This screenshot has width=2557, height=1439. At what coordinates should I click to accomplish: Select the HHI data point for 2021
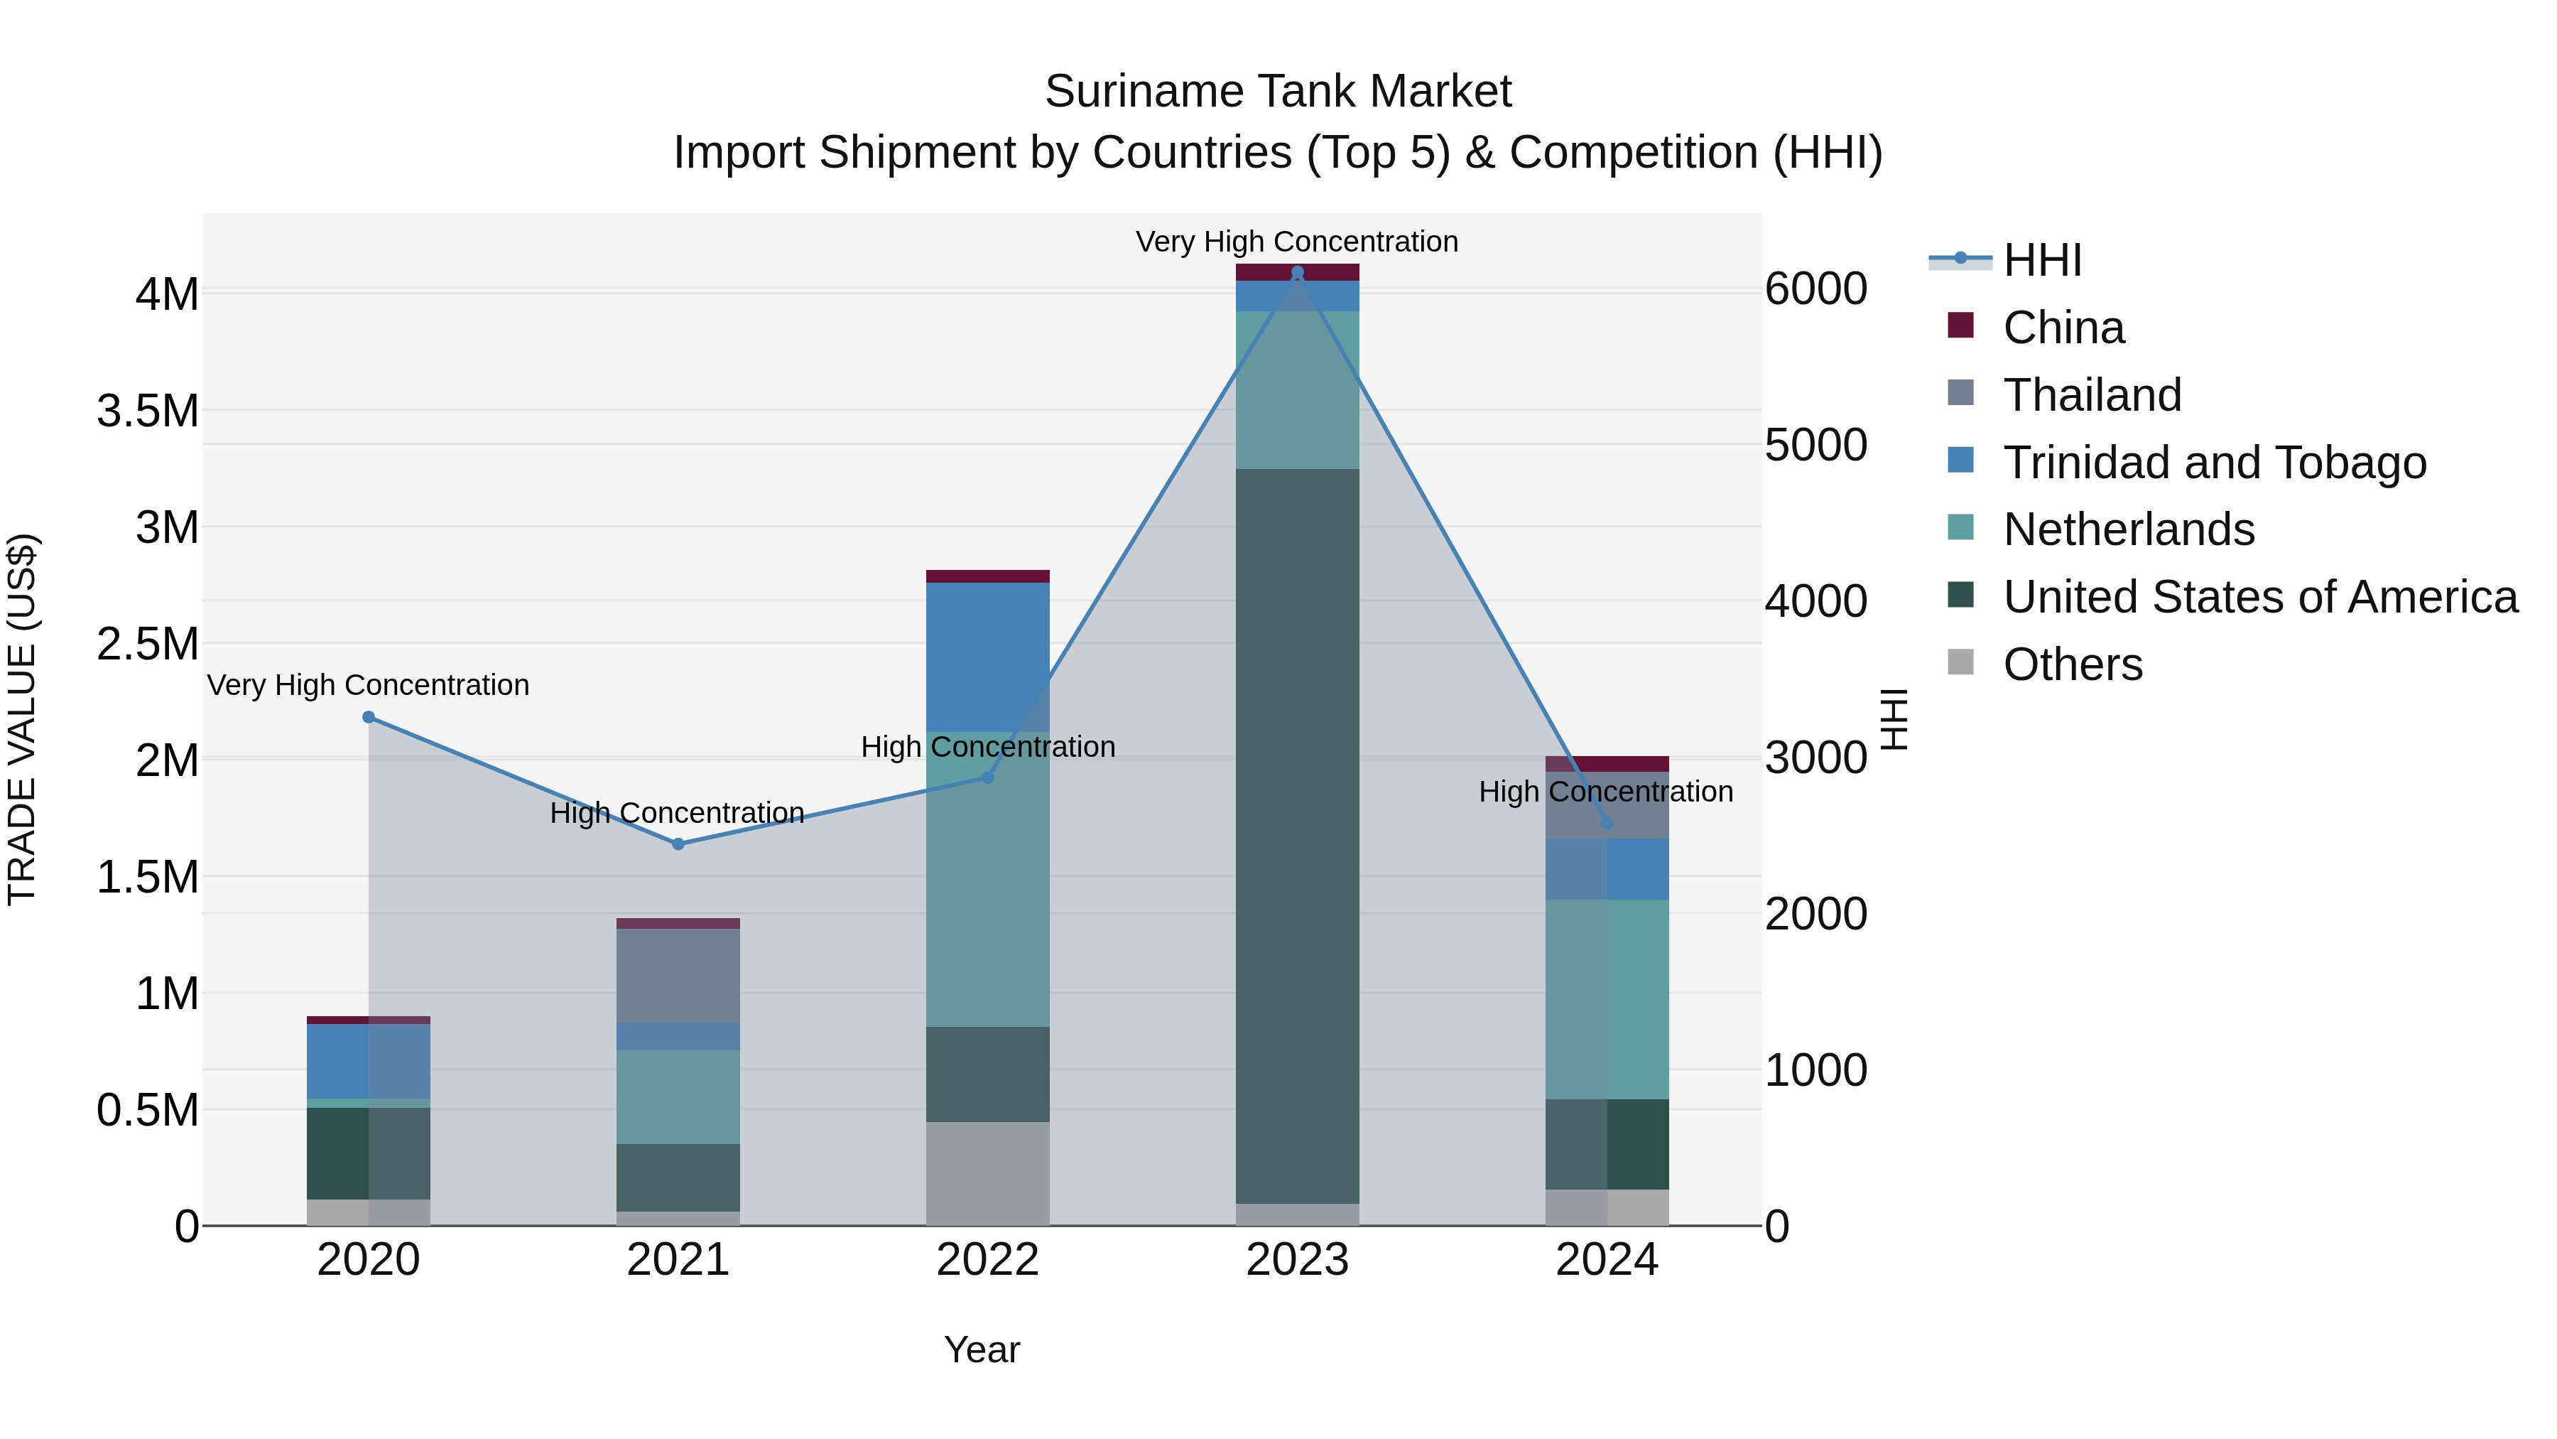click(678, 844)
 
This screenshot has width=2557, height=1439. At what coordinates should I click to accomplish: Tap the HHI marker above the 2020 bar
click(368, 717)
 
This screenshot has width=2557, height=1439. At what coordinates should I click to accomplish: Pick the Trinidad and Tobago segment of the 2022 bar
click(988, 657)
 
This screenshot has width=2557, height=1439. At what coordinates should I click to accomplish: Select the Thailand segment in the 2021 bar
click(678, 975)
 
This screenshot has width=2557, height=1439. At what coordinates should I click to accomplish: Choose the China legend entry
click(2063, 328)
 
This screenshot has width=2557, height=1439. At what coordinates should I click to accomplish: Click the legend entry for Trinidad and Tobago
click(2213, 463)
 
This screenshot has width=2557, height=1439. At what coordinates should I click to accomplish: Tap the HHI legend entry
click(2041, 260)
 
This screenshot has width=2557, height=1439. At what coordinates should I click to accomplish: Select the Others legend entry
click(2072, 664)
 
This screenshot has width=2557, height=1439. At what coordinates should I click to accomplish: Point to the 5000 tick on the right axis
click(1815, 445)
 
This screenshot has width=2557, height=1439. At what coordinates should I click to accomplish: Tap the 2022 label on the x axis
click(988, 1260)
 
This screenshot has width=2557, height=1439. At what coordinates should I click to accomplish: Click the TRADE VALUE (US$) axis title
click(22, 719)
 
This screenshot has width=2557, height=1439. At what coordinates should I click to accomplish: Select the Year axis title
click(982, 1349)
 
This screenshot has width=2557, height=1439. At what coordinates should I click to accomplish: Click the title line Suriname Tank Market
click(1278, 92)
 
